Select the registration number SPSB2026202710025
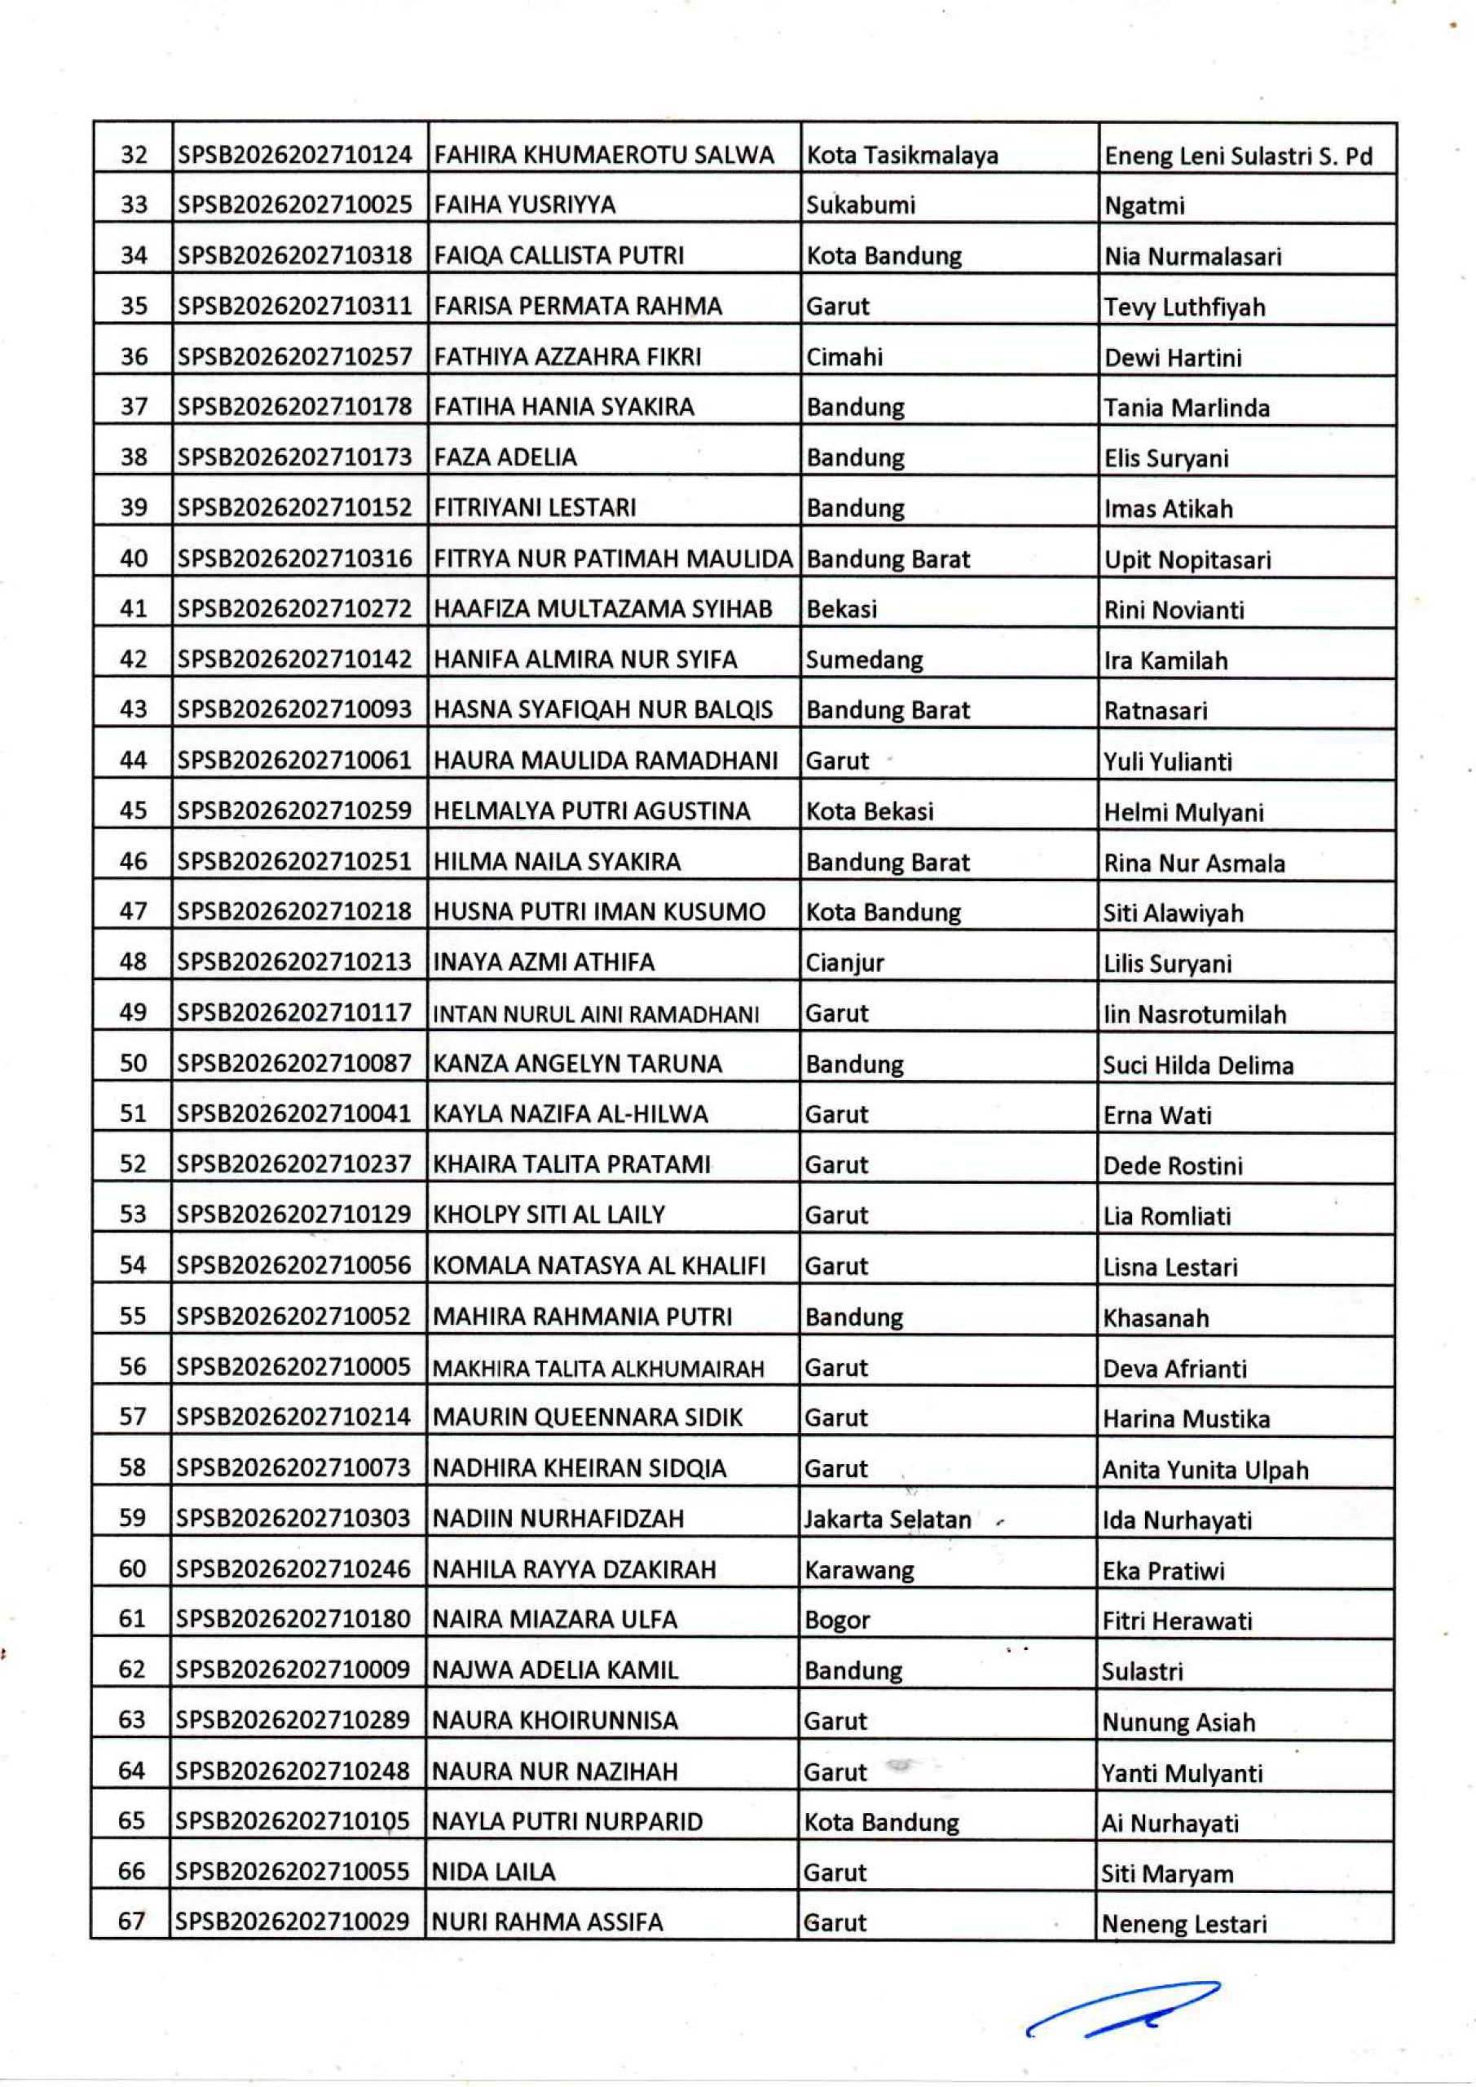pos(294,205)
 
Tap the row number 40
pos(134,558)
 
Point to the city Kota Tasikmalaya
pos(901,156)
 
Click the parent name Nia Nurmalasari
pos(1192,256)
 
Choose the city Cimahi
pos(844,356)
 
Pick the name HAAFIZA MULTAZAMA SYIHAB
pos(602,609)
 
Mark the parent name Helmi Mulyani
pos(1183,813)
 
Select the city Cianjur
pos(844,963)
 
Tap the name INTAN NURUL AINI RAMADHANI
pos(597,1014)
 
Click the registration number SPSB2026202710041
pos(294,1114)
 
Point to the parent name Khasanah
pos(1155,1318)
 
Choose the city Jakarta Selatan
pos(887,1519)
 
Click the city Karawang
pos(859,1570)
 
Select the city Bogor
pos(837,1620)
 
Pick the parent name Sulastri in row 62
pos(1143,1670)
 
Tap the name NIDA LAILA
pos(494,1873)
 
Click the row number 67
pos(133,1922)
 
